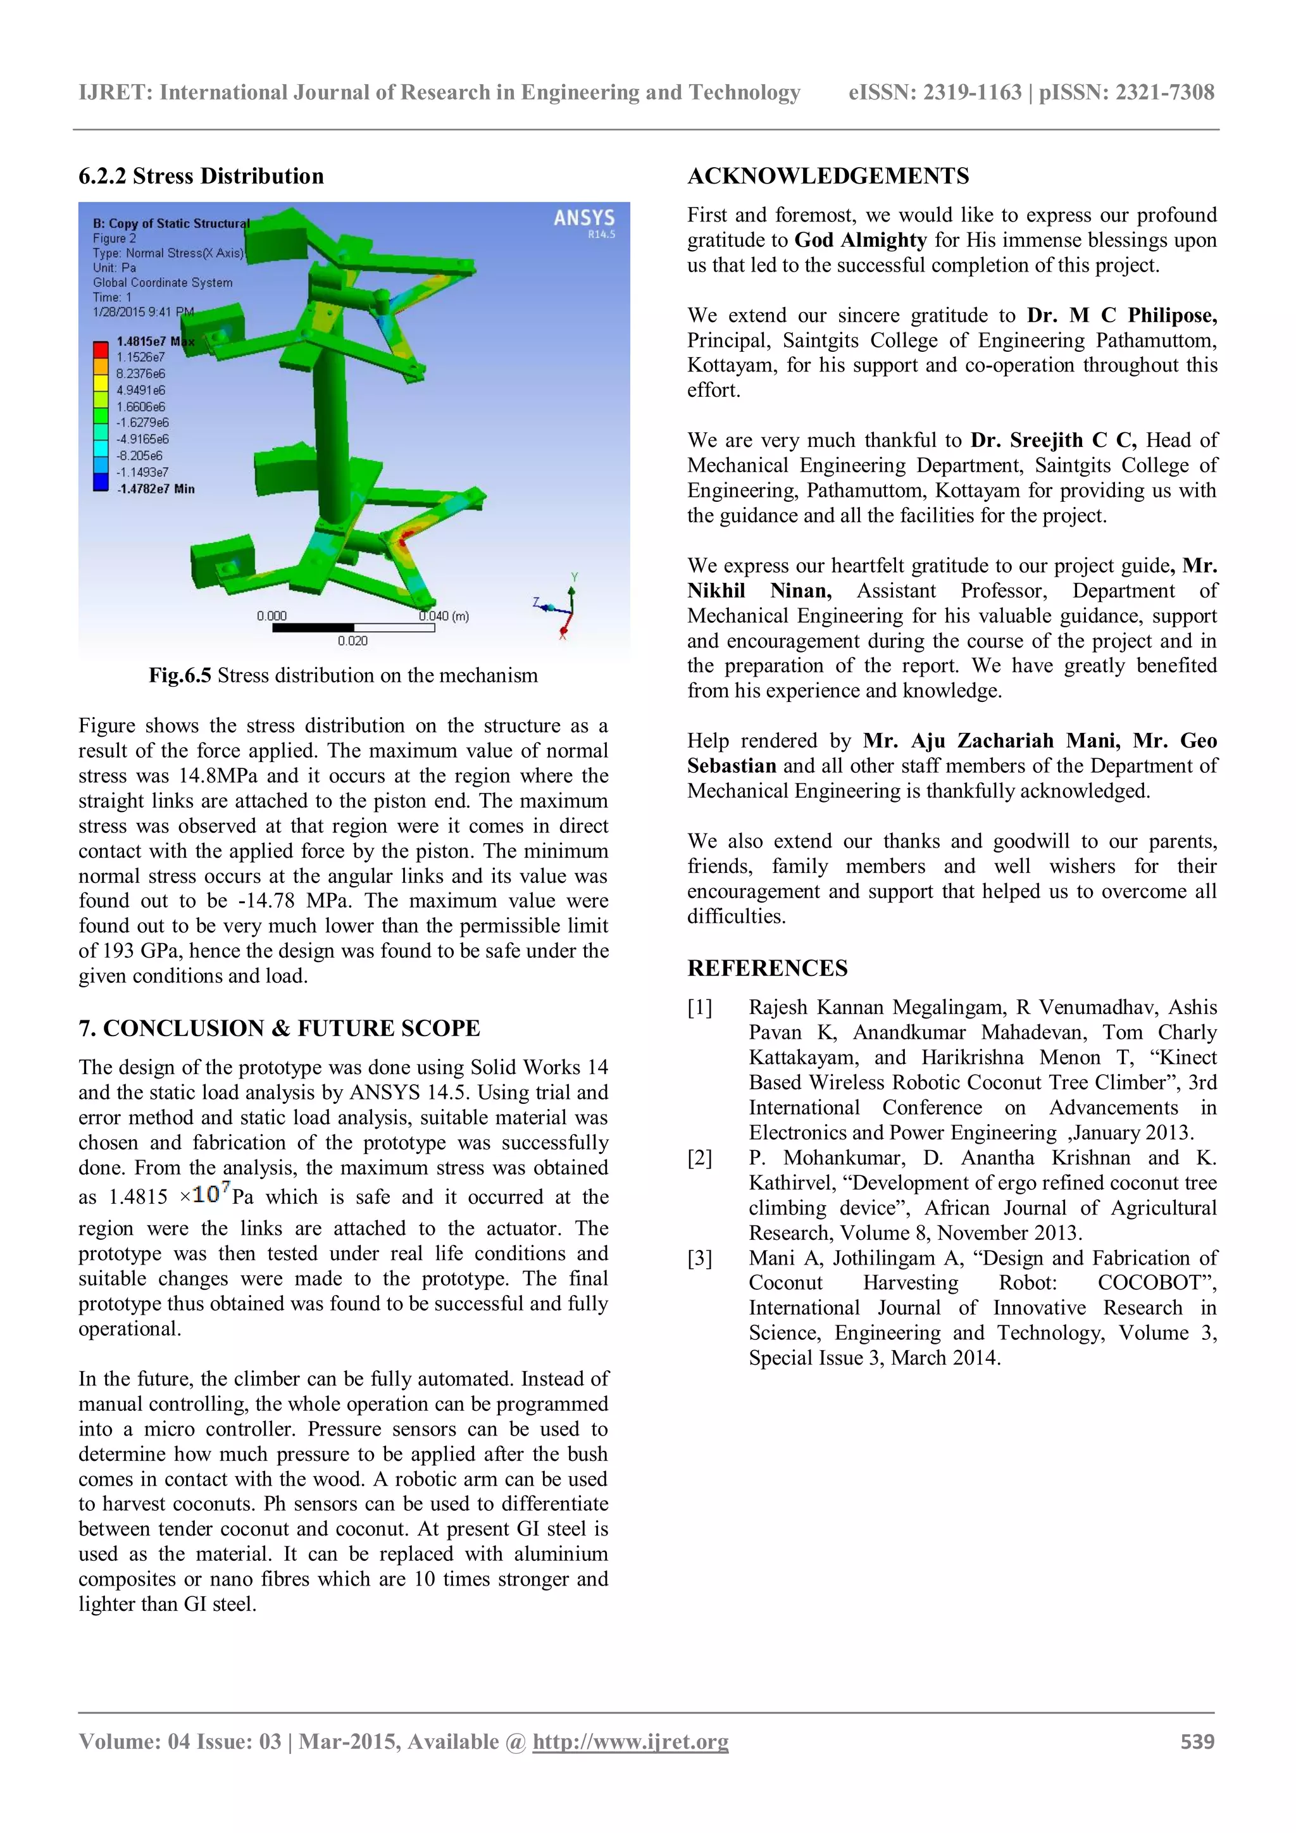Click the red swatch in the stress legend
point(101,349)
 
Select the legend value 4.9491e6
point(140,391)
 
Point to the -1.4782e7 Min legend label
point(156,489)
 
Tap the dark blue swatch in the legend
point(101,482)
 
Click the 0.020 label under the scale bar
point(352,641)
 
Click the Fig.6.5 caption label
point(180,675)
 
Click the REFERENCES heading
point(767,968)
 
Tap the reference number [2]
point(700,1158)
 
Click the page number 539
point(1197,1741)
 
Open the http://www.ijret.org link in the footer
point(630,1741)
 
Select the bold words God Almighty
point(860,241)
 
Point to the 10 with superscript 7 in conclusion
point(211,1194)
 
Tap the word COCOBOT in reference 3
point(1153,1283)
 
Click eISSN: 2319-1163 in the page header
point(935,92)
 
